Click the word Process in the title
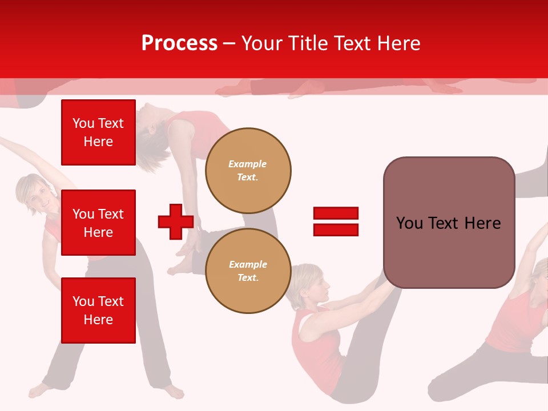click(x=179, y=43)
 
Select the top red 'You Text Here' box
click(x=98, y=132)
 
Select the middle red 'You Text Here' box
click(x=98, y=223)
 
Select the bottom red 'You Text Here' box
click(x=98, y=310)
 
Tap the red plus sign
click(x=176, y=221)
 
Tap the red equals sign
click(x=336, y=221)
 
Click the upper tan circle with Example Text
click(x=248, y=170)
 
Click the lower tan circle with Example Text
click(x=248, y=271)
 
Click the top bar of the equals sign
click(x=336, y=213)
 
